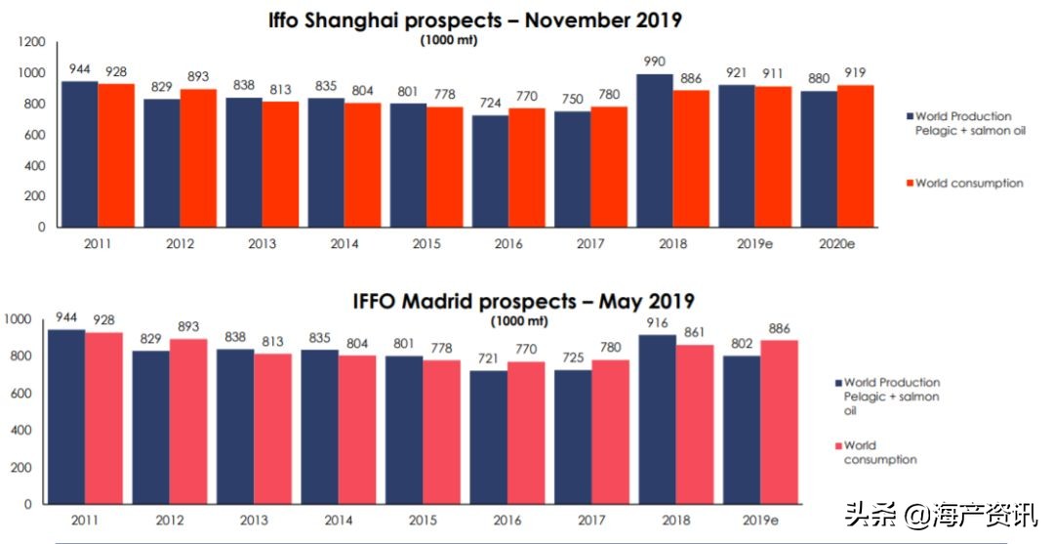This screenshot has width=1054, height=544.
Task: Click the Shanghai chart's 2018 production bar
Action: point(654,150)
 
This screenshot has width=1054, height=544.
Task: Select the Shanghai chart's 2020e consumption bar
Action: point(855,156)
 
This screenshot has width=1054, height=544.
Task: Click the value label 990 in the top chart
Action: point(655,63)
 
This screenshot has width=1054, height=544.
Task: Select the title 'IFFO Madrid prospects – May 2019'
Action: point(523,302)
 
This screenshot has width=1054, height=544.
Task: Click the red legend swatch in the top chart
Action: point(909,183)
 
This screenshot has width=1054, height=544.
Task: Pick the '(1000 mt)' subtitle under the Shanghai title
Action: point(443,41)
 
